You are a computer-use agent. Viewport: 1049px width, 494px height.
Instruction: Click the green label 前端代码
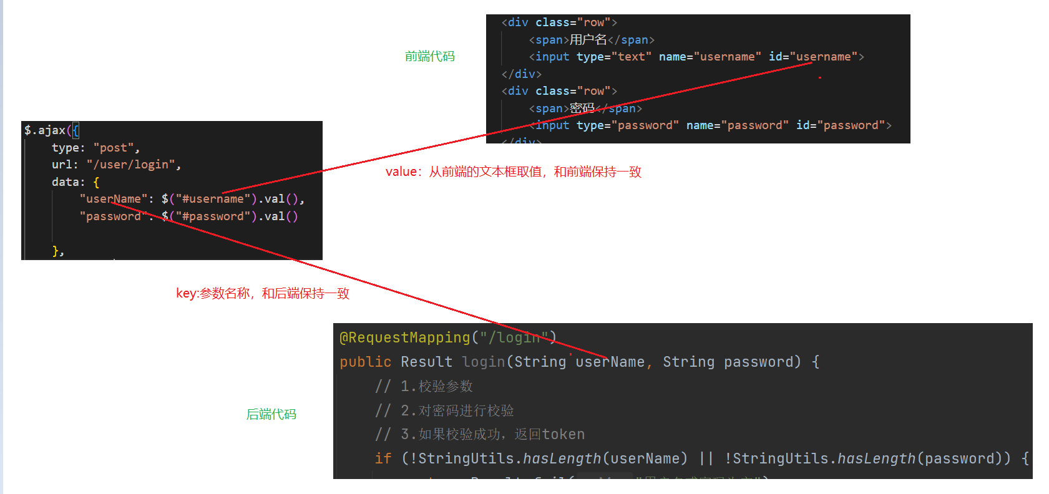tap(429, 57)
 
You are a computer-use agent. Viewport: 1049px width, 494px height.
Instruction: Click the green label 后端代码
tap(271, 414)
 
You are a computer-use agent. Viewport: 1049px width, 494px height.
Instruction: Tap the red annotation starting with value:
tap(513, 172)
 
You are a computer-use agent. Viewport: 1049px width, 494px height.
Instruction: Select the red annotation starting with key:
tap(262, 293)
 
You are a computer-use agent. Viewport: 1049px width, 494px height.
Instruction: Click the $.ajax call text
tap(45, 130)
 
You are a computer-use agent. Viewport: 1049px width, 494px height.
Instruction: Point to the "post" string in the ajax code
tap(117, 148)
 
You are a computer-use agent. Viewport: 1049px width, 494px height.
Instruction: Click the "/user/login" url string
tap(133, 165)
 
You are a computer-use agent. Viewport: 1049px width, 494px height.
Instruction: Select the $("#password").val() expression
tap(229, 216)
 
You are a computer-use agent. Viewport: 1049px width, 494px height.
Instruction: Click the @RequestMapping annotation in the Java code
tap(404, 337)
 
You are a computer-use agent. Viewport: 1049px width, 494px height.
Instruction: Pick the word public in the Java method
tap(365, 362)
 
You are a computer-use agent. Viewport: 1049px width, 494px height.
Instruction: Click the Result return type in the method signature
tap(427, 362)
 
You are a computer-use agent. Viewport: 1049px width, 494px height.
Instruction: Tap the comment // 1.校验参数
tap(424, 386)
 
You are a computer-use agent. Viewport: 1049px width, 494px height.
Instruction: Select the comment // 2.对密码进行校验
tap(444, 410)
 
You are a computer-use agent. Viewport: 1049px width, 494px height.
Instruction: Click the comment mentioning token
tap(480, 434)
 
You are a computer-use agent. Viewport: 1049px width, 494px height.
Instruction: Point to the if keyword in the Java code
tap(383, 458)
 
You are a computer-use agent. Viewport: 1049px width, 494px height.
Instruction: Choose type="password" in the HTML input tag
tap(627, 125)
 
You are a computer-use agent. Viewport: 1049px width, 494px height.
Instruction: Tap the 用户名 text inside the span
tap(588, 40)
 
